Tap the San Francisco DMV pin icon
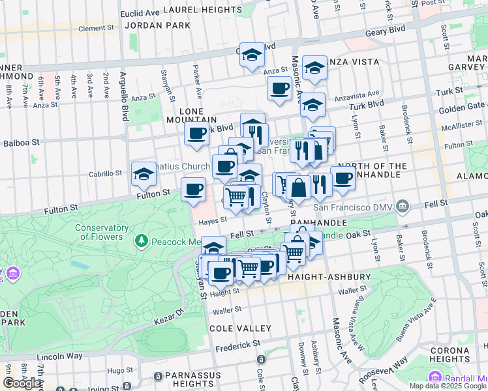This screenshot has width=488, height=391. [x=403, y=207]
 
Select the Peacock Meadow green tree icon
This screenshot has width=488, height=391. [x=142, y=241]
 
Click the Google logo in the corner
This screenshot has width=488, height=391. [x=22, y=383]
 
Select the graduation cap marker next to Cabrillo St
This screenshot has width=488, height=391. [x=144, y=174]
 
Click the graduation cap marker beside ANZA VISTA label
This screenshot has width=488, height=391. [x=314, y=68]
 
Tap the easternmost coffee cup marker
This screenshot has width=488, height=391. [x=343, y=178]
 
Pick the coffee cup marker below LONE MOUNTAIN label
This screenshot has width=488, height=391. [x=196, y=134]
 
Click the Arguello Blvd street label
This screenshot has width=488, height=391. [x=123, y=96]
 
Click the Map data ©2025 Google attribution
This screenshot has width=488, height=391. [x=447, y=386]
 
